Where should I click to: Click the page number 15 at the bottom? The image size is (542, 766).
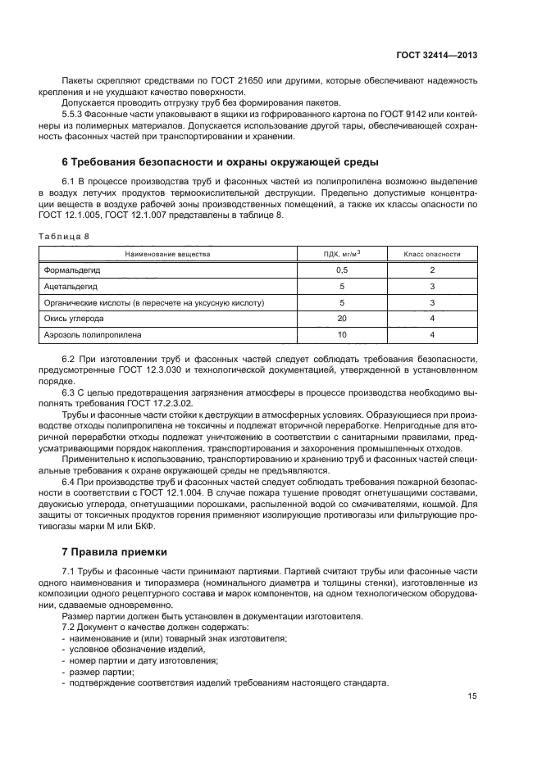click(471, 696)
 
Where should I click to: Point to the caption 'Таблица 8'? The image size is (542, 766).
click(64, 235)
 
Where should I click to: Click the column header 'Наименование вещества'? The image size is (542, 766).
click(167, 254)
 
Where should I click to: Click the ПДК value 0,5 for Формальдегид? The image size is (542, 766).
click(342, 270)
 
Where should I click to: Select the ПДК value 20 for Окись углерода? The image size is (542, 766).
click(342, 319)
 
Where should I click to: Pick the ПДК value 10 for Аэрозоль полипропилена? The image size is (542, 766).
click(342, 335)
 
